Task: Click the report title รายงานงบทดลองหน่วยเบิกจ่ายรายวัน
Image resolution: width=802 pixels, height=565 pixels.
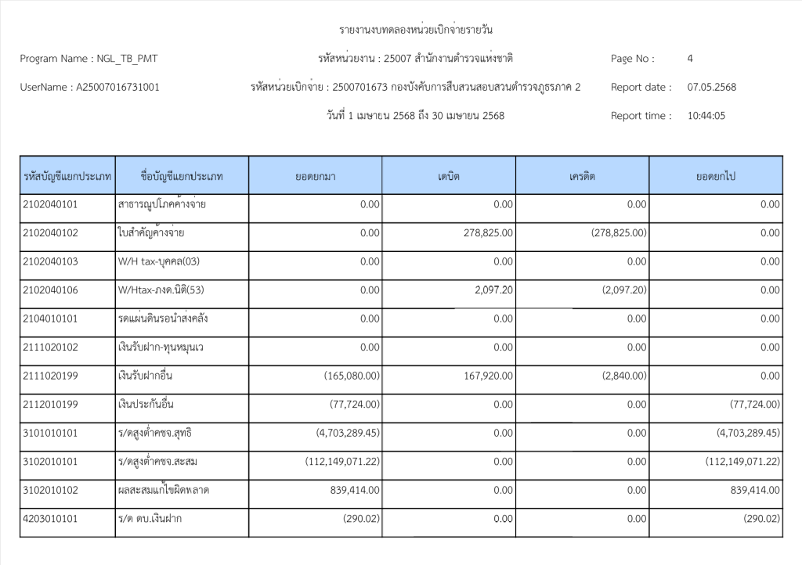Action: tap(416, 31)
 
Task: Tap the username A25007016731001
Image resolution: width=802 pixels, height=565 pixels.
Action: tap(117, 87)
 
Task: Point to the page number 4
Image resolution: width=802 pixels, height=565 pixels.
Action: tap(690, 59)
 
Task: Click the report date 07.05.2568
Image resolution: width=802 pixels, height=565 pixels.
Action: tap(711, 87)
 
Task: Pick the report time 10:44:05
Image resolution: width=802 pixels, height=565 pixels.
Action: tap(706, 116)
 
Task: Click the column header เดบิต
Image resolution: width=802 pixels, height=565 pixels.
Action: tap(449, 176)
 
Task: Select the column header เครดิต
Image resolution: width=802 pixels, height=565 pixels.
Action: tap(582, 176)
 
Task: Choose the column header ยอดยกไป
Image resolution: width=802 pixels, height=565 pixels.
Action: tap(715, 176)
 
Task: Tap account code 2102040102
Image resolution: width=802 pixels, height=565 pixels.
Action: tap(51, 233)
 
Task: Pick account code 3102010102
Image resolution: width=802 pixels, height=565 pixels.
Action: tap(51, 490)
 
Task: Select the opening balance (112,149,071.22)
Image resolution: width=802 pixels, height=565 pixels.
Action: tap(342, 462)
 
